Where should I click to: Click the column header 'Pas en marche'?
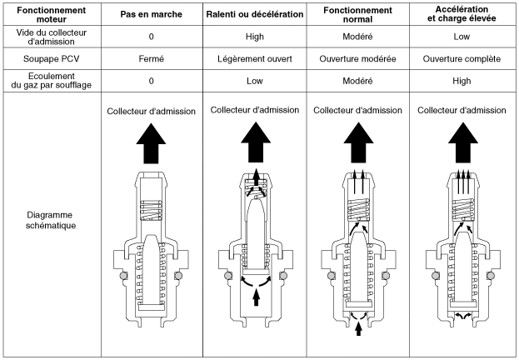(151, 15)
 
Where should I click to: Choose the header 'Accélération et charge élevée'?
(461, 15)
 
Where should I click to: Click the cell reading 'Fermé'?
(151, 59)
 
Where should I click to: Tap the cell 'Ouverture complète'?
(461, 59)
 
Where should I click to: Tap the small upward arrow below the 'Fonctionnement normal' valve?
(358, 330)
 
